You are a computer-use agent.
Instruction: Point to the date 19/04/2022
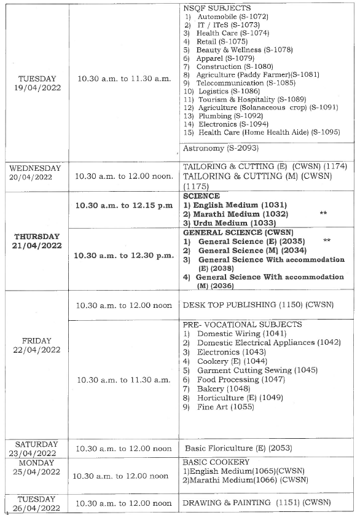pos(37,88)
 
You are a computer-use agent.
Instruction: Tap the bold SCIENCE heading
pos(197,195)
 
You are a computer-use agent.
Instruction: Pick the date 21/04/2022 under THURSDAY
pos(37,246)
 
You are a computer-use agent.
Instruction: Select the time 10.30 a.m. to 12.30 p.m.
pos(123,256)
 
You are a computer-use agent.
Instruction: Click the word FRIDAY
pos(37,340)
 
